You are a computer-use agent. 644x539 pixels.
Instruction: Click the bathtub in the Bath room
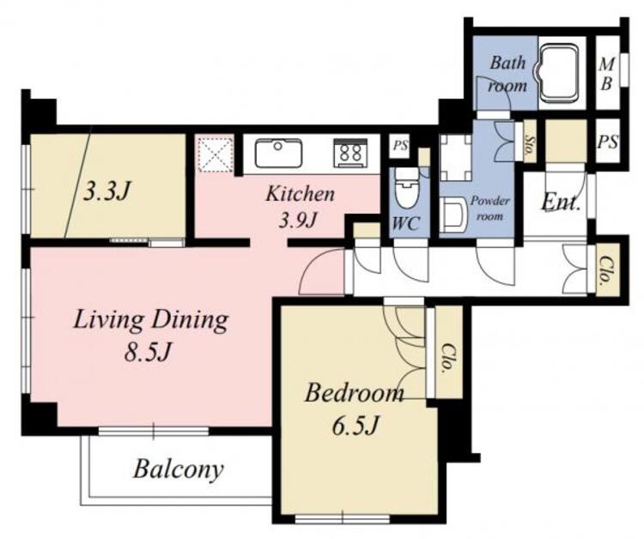click(x=558, y=72)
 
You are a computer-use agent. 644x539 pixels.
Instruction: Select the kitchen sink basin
click(x=279, y=153)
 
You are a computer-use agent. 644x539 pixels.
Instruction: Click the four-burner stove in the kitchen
click(x=350, y=153)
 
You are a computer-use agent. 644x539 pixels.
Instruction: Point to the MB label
click(x=607, y=74)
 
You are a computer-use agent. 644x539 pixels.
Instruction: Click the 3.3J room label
click(x=106, y=191)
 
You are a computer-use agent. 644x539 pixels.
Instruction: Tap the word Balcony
click(x=179, y=469)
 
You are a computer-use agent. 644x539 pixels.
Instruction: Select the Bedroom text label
click(x=354, y=393)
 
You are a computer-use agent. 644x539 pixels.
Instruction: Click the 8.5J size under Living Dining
click(x=148, y=352)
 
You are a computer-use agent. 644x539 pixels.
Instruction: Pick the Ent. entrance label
click(x=561, y=202)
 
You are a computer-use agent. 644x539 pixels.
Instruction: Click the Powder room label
click(x=489, y=208)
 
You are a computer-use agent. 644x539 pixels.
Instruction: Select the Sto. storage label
click(x=530, y=142)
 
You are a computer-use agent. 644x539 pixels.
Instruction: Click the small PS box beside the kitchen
click(x=400, y=145)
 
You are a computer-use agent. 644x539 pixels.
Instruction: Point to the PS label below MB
click(x=608, y=142)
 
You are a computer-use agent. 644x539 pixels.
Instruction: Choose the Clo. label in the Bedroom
click(x=447, y=358)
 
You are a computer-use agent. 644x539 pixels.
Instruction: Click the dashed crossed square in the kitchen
click(x=214, y=154)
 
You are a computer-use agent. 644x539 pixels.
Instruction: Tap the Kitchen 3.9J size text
click(x=297, y=221)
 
